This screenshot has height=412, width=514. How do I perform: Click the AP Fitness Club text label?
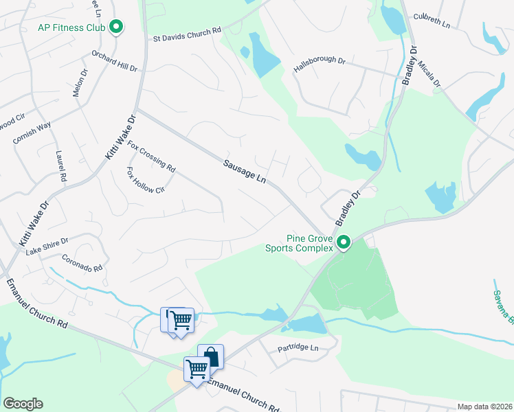tap(71, 27)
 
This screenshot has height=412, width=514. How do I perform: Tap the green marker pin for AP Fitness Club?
tap(116, 27)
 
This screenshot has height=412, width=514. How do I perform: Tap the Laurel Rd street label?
tap(62, 166)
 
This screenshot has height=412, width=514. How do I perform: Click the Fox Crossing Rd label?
tap(151, 157)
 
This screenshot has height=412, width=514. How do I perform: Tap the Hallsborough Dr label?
tap(319, 65)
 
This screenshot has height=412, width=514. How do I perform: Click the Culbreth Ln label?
tap(431, 20)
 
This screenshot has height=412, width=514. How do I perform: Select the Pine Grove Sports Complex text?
tap(298, 243)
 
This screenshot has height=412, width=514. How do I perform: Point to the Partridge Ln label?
tap(298, 349)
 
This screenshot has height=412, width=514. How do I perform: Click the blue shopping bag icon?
tap(211, 356)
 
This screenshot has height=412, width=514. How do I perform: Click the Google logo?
tap(23, 404)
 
